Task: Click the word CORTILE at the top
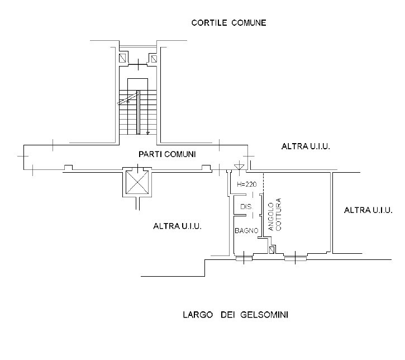208,23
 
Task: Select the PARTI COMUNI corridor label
167,154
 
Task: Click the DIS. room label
246,207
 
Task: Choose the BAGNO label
246,230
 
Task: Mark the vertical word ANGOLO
271,217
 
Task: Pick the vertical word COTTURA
279,215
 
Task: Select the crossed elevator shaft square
137,183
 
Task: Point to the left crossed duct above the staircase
122,58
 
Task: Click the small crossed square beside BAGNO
272,250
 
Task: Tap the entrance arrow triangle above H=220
239,165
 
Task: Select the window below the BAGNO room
244,258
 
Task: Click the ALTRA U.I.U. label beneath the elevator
177,226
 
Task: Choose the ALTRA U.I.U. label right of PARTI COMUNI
306,146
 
